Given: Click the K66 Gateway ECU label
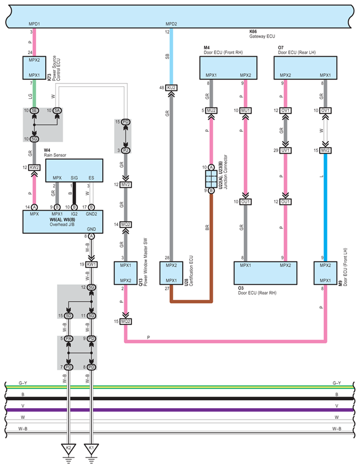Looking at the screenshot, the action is pos(262,34).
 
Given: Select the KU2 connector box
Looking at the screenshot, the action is pos(171,88).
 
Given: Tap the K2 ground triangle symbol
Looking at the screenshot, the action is pos(69,448).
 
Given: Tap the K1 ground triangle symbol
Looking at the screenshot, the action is pos(91,448).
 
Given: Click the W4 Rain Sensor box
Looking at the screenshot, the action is pos(74,170).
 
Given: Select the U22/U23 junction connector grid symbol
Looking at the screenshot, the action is pos(211,179).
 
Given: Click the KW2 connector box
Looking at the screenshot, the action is pos(35,168).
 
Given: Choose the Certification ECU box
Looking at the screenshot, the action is pos(171,273).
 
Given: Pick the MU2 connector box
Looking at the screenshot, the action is pos(211,111).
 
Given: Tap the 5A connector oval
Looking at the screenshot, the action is pos(57,111).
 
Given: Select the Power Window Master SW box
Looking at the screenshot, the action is pos(125,273).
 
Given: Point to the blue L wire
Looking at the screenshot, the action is pos(325,207).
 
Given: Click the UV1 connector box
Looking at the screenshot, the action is pos(285,150).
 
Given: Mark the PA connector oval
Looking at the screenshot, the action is pos(69,339).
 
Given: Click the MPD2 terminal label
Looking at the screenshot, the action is pos(171,24).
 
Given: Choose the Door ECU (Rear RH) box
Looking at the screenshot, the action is pos(265,273).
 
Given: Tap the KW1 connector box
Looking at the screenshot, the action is pos(91,265).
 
